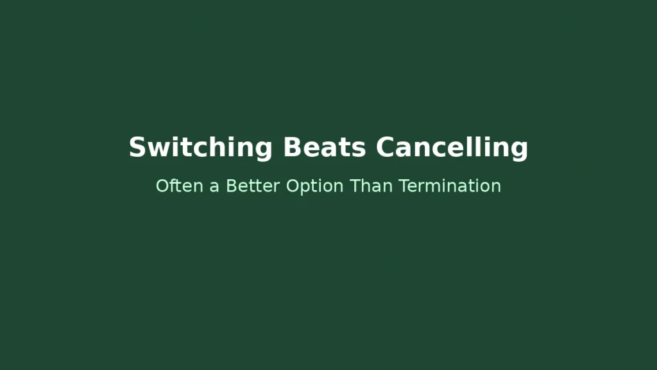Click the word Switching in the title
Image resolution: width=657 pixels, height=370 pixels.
pos(201,147)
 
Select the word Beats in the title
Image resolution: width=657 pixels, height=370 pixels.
pos(324,147)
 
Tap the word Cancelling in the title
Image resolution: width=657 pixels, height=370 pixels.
pos(452,147)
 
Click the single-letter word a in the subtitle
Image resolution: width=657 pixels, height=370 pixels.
pos(214,187)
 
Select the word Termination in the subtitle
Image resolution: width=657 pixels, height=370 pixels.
pos(450,186)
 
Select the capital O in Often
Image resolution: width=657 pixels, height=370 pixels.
pos(162,186)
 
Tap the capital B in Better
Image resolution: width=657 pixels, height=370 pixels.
pos(232,186)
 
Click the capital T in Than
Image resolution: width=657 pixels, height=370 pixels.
pos(355,186)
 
